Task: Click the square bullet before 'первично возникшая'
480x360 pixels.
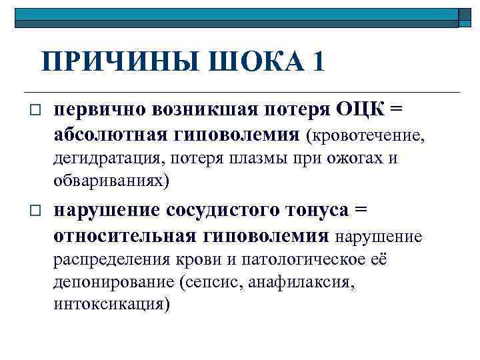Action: coord(35,109)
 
